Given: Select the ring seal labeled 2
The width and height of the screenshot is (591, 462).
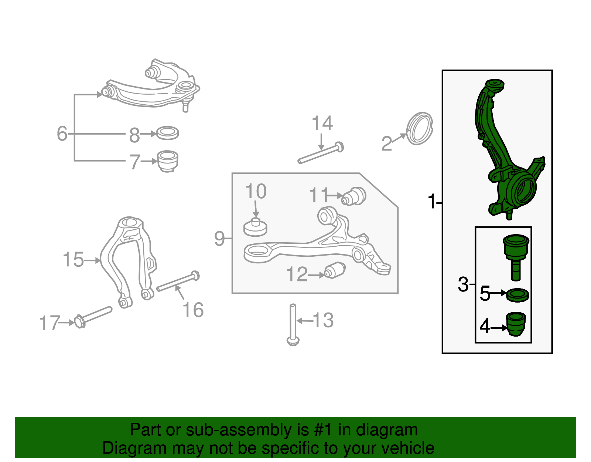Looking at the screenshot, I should [x=419, y=128].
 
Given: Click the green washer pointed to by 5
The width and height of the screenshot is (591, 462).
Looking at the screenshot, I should [x=517, y=295].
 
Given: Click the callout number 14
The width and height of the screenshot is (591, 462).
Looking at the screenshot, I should [x=322, y=123].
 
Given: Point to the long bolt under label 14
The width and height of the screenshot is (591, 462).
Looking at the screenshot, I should [x=321, y=154].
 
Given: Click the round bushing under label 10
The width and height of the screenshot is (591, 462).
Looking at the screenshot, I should [x=255, y=227].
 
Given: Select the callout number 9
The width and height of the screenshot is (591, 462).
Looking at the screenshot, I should [x=219, y=239].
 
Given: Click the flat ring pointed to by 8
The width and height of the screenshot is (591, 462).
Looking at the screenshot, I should [x=167, y=133].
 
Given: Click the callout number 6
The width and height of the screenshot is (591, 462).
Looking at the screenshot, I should [x=62, y=133].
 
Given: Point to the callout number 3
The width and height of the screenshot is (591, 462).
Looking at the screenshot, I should [x=463, y=284].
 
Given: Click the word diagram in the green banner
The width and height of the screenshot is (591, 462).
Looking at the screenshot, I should [x=387, y=430].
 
